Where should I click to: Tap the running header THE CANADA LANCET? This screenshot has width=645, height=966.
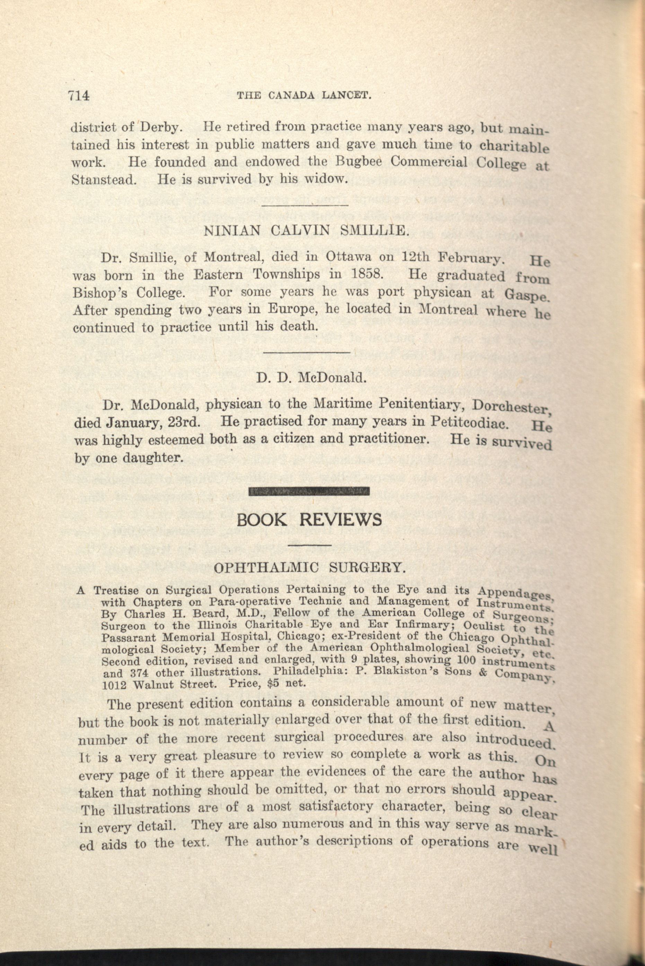[304, 96]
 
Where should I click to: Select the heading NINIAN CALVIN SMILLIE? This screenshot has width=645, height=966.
[307, 231]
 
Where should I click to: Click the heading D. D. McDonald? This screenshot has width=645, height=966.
[311, 378]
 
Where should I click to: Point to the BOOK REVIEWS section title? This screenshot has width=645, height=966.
[309, 520]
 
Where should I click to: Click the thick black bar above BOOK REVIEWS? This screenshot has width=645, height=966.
[309, 491]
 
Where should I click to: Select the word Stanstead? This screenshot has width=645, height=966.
[103, 180]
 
